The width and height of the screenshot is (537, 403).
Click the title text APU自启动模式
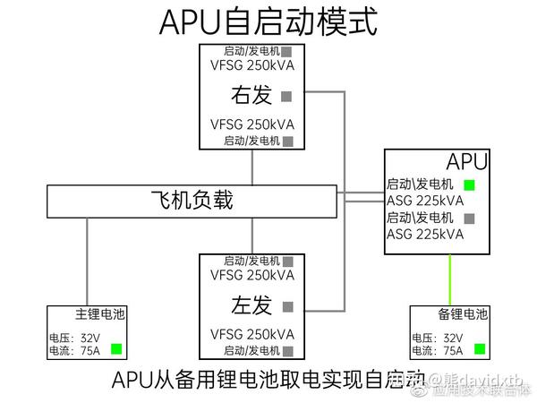tap(268, 21)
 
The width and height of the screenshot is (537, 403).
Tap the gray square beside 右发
tap(287, 95)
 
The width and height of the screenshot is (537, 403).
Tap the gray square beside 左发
tap(287, 306)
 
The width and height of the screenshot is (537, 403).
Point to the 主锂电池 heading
tap(100, 315)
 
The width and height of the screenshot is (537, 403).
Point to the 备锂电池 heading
tap(464, 315)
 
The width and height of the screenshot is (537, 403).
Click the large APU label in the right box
tap(467, 162)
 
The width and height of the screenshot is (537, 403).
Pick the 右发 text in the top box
tap(251, 95)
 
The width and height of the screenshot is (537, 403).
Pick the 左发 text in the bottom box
tap(251, 306)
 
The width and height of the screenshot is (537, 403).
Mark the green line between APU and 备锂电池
tap(449, 279)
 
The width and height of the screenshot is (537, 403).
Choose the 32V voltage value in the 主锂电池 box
tap(90, 339)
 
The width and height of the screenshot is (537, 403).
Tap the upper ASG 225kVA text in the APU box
tap(425, 201)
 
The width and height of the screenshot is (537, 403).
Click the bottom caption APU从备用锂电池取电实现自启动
tap(268, 379)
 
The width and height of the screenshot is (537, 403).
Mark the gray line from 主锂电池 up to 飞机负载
tap(87, 261)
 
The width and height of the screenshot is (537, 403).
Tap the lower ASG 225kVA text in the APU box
tap(425, 234)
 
